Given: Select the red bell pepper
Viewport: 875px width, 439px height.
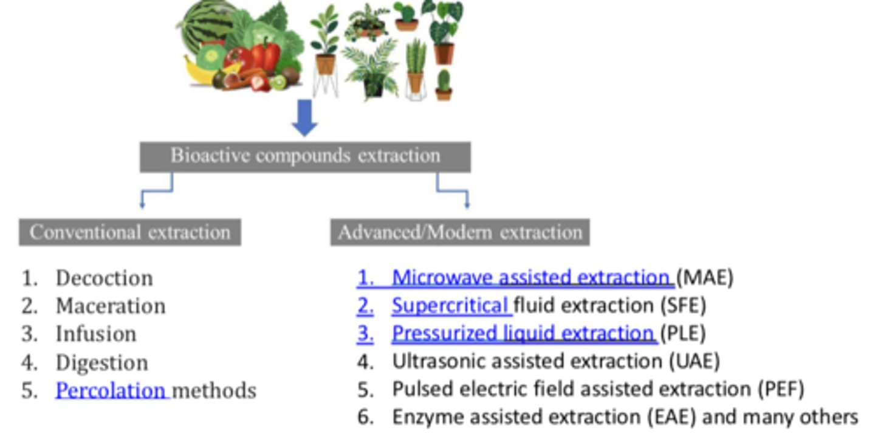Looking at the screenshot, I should coord(266,55).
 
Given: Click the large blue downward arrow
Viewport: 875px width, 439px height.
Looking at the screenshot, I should coord(304,117).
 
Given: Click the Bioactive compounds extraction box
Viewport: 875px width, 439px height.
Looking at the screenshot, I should coord(305,156).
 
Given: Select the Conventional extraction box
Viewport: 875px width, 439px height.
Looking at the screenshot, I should coord(130,232).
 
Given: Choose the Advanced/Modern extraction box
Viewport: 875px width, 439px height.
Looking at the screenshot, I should coord(460,232).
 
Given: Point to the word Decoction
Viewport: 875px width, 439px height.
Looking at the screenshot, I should coord(104,278).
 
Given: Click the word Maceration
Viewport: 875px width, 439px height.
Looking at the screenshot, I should coord(110,306).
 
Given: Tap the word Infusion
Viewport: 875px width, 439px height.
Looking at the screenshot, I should coord(95,334).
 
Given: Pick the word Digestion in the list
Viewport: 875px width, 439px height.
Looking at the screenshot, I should coord(101,362).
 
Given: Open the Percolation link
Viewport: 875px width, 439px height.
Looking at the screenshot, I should coord(111,390).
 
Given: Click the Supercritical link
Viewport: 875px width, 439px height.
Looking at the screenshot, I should coord(450,305).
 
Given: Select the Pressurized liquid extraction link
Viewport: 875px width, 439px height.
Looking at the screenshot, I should coord(523,333).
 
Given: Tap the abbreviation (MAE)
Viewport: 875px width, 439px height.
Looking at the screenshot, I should coord(705,277).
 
